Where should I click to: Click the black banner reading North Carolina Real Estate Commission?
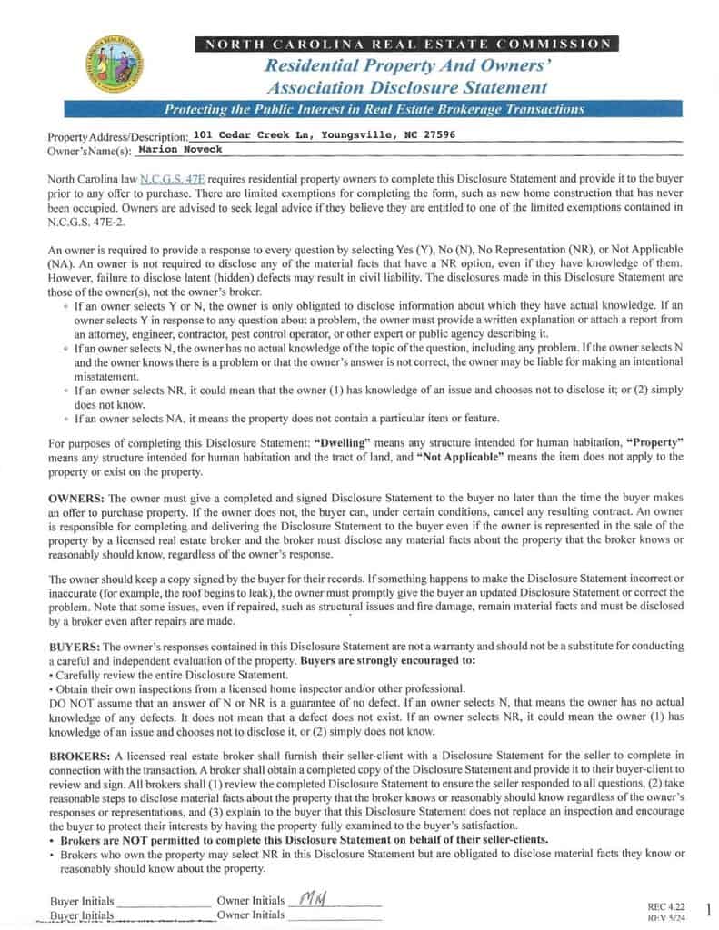[406, 44]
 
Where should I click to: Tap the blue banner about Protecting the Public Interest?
[374, 110]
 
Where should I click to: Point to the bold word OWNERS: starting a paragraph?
[76, 500]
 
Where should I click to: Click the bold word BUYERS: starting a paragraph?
[75, 645]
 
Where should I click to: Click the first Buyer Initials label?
[82, 902]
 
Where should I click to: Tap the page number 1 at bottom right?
[707, 909]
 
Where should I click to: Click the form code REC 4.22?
[665, 906]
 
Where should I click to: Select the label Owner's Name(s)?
[89, 151]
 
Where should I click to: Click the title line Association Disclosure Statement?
[406, 88]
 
